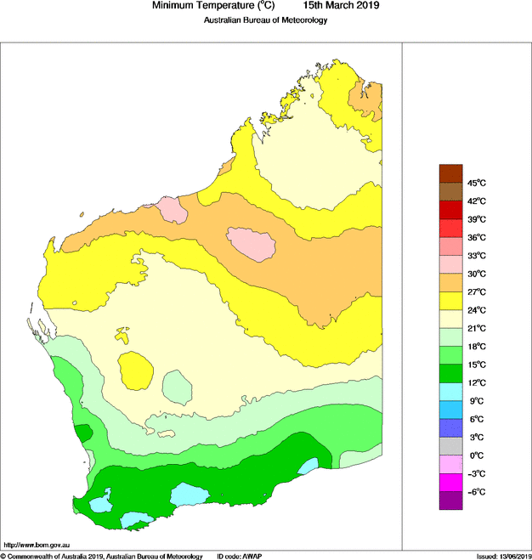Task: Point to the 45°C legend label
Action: point(476,184)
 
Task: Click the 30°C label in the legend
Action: point(476,274)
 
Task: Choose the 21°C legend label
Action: point(476,328)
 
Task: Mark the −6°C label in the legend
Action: point(475,492)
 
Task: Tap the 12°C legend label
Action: point(476,382)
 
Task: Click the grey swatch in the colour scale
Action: point(450,446)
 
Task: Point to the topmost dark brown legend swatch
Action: point(450,173)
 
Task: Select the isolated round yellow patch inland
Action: point(136,371)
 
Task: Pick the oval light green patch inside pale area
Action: point(178,387)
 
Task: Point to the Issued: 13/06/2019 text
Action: point(502,556)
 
